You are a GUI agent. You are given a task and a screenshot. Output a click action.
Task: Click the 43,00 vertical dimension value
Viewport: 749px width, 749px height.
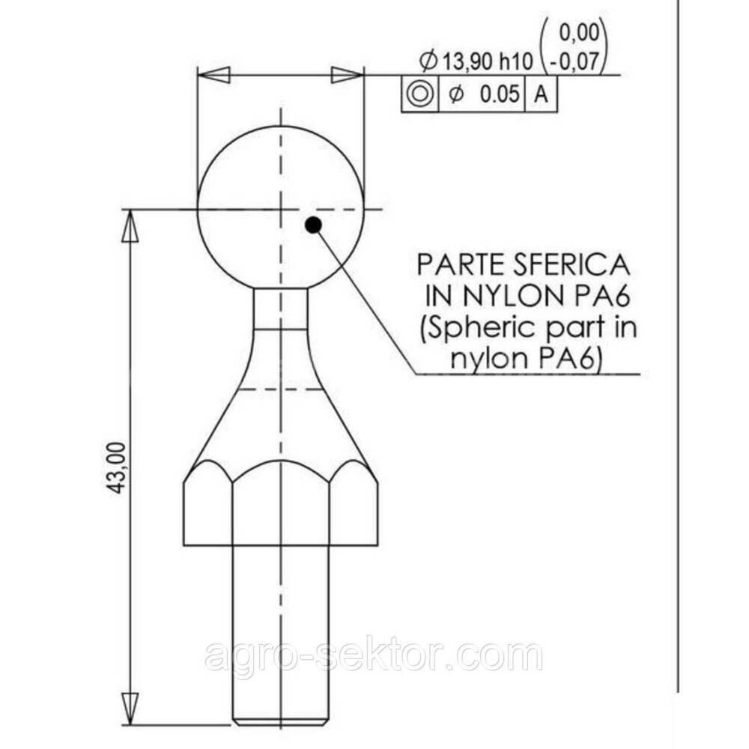coord(117,469)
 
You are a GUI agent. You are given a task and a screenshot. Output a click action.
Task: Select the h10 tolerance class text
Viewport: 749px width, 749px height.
coord(516,62)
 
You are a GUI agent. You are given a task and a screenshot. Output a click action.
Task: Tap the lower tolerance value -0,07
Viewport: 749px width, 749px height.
coord(574,61)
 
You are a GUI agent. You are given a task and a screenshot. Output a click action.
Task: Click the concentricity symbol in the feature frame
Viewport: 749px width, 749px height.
coord(419,94)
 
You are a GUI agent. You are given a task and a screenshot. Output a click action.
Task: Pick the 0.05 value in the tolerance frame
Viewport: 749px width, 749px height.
coord(499,94)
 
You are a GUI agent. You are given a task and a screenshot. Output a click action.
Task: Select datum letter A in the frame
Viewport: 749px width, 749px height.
coord(541,94)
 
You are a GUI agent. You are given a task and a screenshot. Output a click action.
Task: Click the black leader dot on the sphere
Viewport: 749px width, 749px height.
coord(313,225)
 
